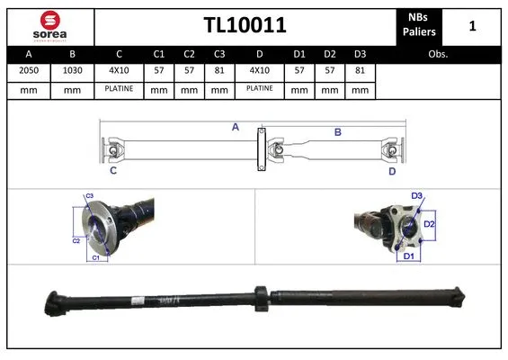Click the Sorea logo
click(49, 26)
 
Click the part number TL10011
click(244, 26)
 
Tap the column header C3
click(218, 54)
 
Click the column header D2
click(330, 54)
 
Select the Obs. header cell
click(438, 54)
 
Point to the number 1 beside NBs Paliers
click(473, 26)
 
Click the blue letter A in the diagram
click(235, 128)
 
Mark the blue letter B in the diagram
click(338, 132)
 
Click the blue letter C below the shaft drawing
click(113, 170)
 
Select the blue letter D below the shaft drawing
click(392, 170)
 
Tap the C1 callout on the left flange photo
click(95, 258)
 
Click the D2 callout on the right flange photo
click(429, 224)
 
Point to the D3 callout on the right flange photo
click(417, 196)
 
